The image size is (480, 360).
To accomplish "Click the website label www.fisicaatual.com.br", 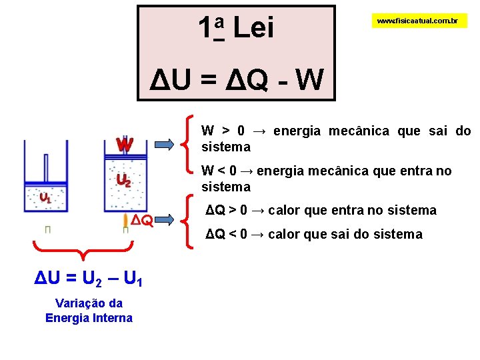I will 417,21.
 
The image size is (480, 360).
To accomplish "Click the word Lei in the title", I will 254,28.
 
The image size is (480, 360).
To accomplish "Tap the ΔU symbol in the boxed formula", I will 169,81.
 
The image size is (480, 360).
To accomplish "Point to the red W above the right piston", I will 124,145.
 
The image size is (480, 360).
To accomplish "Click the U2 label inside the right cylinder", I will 123,179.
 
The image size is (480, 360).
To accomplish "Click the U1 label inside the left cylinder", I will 45,197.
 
